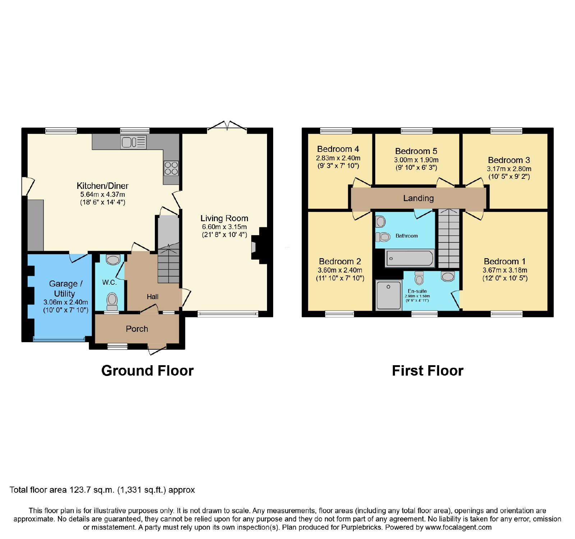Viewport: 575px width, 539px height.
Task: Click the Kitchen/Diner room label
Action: pyautogui.click(x=102, y=186)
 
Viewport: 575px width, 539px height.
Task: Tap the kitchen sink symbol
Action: pyautogui.click(x=133, y=142)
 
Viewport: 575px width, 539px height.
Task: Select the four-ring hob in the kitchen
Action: pyautogui.click(x=171, y=168)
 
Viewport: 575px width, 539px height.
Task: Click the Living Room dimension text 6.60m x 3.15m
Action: pyautogui.click(x=224, y=227)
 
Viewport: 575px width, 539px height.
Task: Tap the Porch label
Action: pyautogui.click(x=137, y=329)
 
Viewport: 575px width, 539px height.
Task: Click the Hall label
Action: pyautogui.click(x=152, y=297)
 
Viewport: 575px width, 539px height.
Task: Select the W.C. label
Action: pyautogui.click(x=109, y=282)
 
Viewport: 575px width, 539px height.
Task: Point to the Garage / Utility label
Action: pyautogui.click(x=65, y=288)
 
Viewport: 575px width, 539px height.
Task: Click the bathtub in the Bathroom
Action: pyautogui.click(x=410, y=258)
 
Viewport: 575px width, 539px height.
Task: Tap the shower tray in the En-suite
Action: pyautogui.click(x=388, y=295)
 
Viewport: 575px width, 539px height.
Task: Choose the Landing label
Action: pyautogui.click(x=418, y=198)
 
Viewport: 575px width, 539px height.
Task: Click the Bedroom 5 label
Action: pyautogui.click(x=416, y=151)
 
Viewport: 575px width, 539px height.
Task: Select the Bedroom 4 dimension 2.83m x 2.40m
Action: pyautogui.click(x=338, y=158)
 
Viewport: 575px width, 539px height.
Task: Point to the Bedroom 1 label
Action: pyautogui.click(x=505, y=261)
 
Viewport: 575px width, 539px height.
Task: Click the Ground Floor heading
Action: pyautogui.click(x=147, y=371)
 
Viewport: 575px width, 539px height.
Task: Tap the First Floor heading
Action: pyautogui.click(x=428, y=371)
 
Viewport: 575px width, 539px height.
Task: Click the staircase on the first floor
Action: pyautogui.click(x=448, y=238)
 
